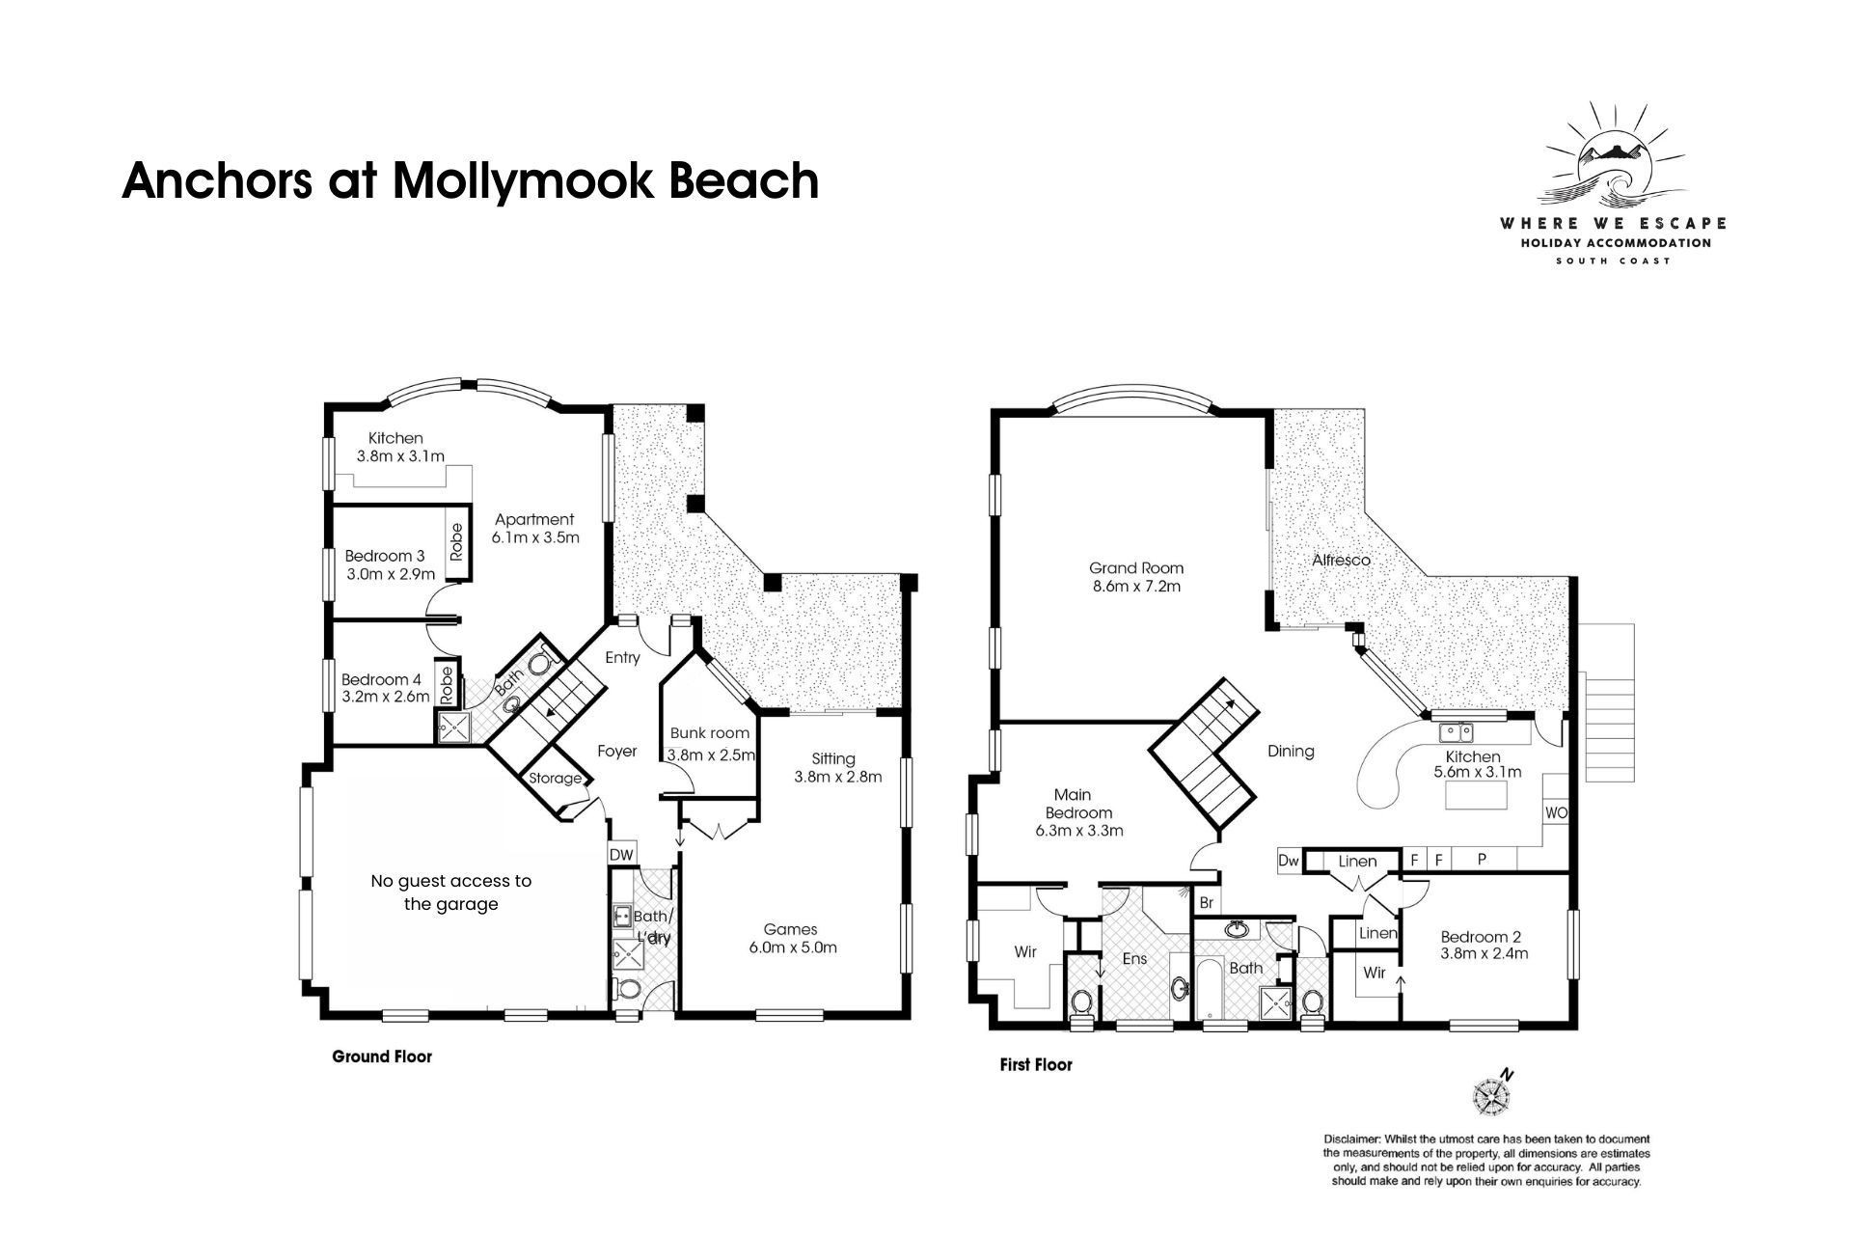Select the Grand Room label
tap(1136, 568)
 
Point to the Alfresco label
tap(1341, 560)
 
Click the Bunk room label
tap(710, 733)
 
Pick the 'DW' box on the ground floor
tap(622, 855)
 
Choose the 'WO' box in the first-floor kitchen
tap(1556, 813)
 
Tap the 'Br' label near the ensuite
tap(1206, 904)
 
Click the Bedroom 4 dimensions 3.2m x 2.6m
tap(385, 697)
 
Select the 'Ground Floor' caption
tap(382, 1057)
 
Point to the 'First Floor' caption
tap(1036, 1066)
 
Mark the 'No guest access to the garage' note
tap(451, 892)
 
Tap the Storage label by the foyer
tap(556, 779)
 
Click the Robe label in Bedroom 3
tap(456, 542)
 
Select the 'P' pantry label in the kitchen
tap(1483, 859)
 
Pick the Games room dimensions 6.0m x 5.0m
tap(793, 947)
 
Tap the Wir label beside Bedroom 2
tap(1375, 973)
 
